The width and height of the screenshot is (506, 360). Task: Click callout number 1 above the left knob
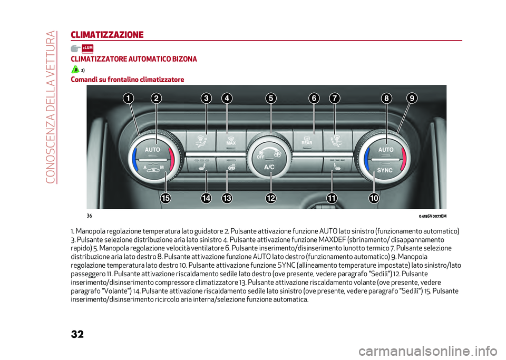tap(128, 98)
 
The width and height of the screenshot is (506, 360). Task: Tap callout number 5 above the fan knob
tap(271, 98)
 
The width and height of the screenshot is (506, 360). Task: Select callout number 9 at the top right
tap(412, 98)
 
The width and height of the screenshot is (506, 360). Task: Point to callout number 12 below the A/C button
tap(271, 198)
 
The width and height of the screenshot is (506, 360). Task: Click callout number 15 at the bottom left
tap(166, 198)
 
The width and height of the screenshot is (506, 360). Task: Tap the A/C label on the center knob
tap(269, 167)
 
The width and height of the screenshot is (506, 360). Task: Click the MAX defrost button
tap(231, 141)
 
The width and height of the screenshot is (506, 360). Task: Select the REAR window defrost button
tap(307, 141)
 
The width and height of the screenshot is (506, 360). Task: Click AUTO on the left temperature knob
tap(152, 150)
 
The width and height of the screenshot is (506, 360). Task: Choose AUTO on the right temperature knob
tap(386, 150)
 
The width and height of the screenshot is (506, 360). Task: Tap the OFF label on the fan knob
tap(260, 157)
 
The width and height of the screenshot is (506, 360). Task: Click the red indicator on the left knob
tap(172, 159)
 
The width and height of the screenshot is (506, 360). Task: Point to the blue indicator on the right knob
tap(367, 159)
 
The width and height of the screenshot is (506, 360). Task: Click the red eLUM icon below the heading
tap(87, 48)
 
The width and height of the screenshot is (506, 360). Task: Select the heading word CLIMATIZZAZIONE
tap(107, 35)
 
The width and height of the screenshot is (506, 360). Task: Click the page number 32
tap(77, 334)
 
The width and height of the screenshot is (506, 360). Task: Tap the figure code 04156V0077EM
tap(432, 216)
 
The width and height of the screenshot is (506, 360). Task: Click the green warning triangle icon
tap(75, 70)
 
